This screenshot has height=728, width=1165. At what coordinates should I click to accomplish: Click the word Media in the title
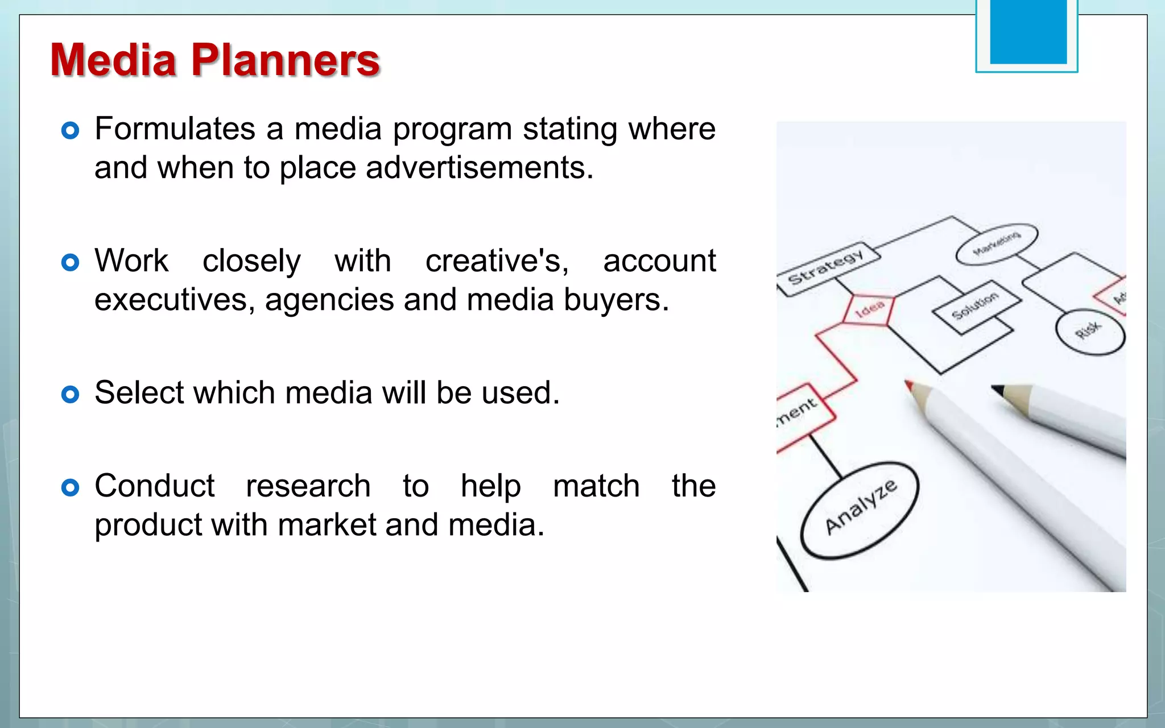pos(114,60)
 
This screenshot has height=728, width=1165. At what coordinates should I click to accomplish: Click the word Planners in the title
pos(285,60)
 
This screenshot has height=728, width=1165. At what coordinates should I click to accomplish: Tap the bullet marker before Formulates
pos(70,131)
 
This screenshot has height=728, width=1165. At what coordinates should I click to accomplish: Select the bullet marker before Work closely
pos(70,263)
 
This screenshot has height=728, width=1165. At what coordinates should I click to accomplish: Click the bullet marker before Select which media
pos(70,394)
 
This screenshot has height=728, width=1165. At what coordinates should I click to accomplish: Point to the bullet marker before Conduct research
pos(70,487)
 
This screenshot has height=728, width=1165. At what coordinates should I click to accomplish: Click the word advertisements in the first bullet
pos(479,168)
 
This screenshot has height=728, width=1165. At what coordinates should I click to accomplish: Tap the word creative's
pos(497,262)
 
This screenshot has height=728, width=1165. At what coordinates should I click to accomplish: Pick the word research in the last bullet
pos(308,486)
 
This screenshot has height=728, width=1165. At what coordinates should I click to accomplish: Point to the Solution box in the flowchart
pos(975,306)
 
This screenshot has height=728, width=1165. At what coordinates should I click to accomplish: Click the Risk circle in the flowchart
pos(1089,332)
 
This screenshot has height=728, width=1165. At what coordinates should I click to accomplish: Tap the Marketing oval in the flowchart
pos(997,243)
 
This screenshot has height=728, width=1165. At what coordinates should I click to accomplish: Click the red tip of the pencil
pos(910,386)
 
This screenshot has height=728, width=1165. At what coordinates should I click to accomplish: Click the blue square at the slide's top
pos(1028,33)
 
